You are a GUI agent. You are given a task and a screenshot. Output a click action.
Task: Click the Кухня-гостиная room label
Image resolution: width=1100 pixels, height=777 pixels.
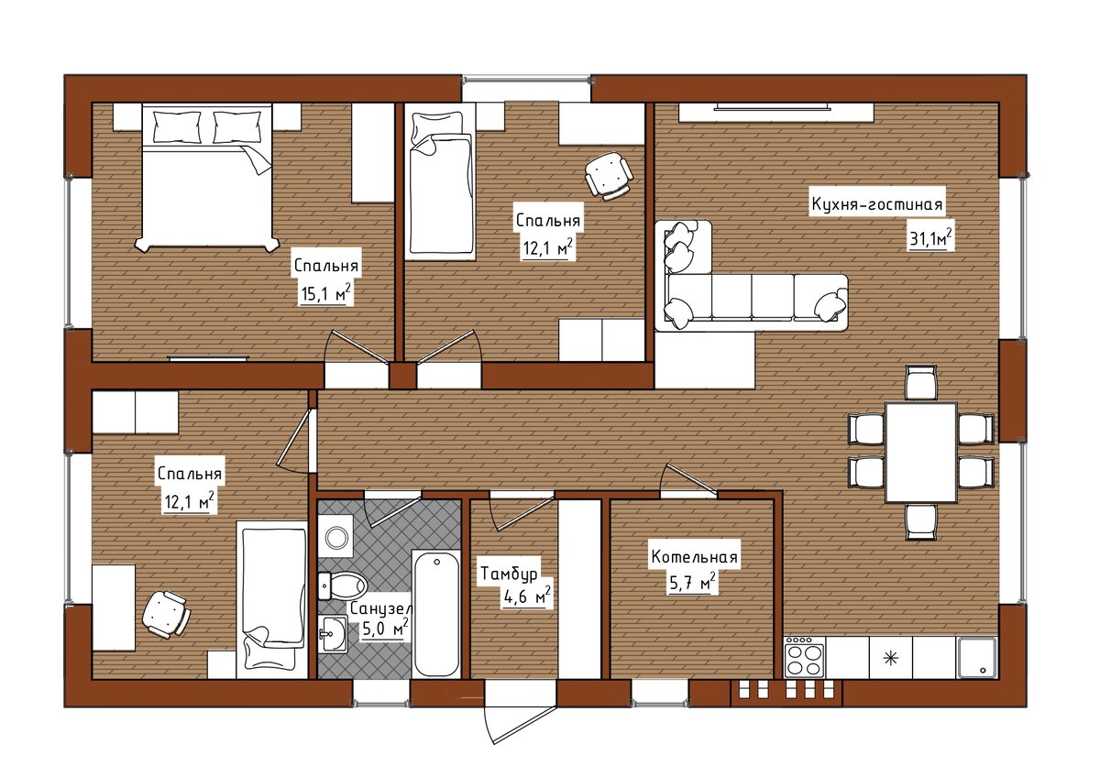[x=877, y=203]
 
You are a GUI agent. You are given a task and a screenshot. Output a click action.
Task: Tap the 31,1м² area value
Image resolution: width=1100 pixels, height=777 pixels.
[x=930, y=238]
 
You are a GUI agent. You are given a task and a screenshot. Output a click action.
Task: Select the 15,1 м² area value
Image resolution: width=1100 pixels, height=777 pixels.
[x=325, y=293]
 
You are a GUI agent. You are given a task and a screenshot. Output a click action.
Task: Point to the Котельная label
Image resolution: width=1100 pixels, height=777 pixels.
[x=695, y=557]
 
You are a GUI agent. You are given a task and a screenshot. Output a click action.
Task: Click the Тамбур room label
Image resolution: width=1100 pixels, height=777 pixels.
[x=509, y=574]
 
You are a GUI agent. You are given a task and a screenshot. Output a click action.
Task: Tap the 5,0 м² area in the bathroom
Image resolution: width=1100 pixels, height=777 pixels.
[x=386, y=628]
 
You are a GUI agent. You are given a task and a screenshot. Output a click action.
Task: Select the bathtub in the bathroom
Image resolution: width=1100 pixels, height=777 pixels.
[x=436, y=614]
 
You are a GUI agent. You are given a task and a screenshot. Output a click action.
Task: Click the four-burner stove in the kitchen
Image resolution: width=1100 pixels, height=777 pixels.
[x=805, y=657]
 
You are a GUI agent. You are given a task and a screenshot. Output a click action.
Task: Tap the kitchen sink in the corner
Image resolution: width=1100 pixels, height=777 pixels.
[x=976, y=657]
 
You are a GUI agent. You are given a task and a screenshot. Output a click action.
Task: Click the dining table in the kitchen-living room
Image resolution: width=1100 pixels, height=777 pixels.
[x=920, y=452]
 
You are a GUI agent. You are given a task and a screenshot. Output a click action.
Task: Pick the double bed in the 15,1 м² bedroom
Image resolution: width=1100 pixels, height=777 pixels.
[x=207, y=177]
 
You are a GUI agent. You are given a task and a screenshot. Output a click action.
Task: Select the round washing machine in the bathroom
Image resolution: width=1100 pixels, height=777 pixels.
[x=335, y=536]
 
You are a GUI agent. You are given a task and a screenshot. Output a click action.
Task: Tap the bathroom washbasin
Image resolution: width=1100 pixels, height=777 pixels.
[x=333, y=634]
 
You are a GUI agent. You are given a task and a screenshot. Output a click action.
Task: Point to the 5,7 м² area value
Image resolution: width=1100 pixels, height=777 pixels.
[x=692, y=584]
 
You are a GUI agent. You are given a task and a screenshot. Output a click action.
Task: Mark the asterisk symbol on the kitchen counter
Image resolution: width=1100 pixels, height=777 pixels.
[x=890, y=658]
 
